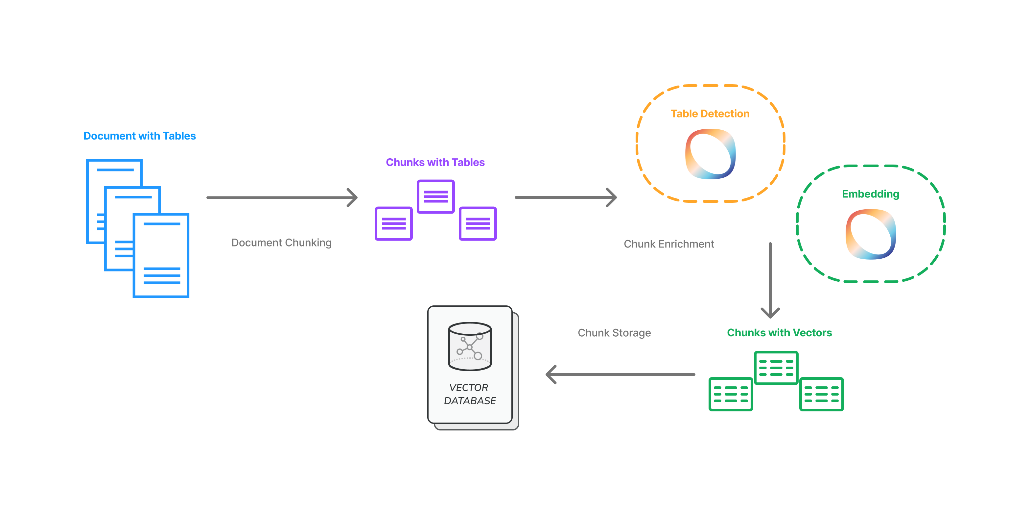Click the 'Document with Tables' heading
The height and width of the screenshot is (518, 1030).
140,136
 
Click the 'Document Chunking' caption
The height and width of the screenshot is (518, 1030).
281,243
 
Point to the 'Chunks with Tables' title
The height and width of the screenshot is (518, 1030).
435,162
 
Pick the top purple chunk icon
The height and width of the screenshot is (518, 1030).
435,196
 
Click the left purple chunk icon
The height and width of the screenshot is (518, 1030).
393,223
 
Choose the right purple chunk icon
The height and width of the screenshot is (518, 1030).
478,223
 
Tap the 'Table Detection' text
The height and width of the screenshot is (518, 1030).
710,114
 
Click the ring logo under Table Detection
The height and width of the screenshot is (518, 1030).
710,154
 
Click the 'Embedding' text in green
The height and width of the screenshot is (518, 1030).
871,194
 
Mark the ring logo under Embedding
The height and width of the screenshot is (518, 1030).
871,234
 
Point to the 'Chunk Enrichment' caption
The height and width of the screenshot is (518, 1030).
668,244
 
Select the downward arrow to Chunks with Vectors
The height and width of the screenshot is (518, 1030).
770,280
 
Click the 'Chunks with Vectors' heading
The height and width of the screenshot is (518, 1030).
779,333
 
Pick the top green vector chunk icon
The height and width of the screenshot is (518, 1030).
776,368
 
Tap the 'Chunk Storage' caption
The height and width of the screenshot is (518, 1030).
614,333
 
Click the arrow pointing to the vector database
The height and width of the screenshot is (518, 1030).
620,374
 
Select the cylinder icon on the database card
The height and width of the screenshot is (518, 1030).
470,346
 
